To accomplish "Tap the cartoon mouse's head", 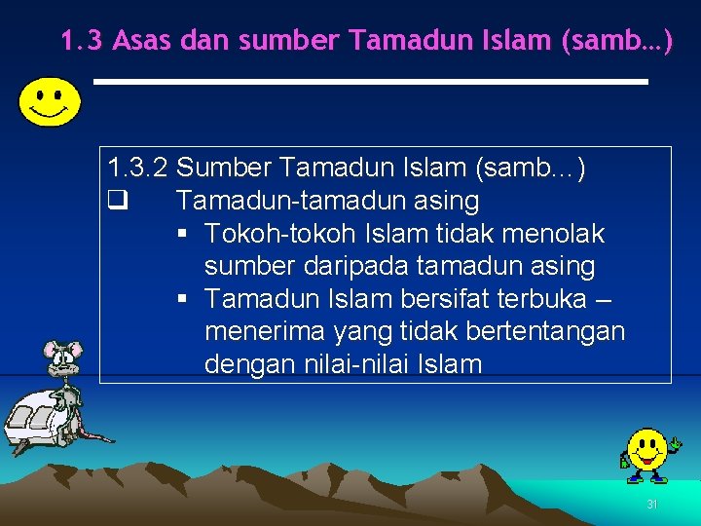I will pyautogui.click(x=60, y=358).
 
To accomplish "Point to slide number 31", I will pyautogui.click(x=652, y=505).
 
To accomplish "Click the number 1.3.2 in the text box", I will pyautogui.click(x=139, y=169).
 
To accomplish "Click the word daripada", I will pyautogui.click(x=354, y=266).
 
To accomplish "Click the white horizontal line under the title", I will pyautogui.click(x=370, y=82).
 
